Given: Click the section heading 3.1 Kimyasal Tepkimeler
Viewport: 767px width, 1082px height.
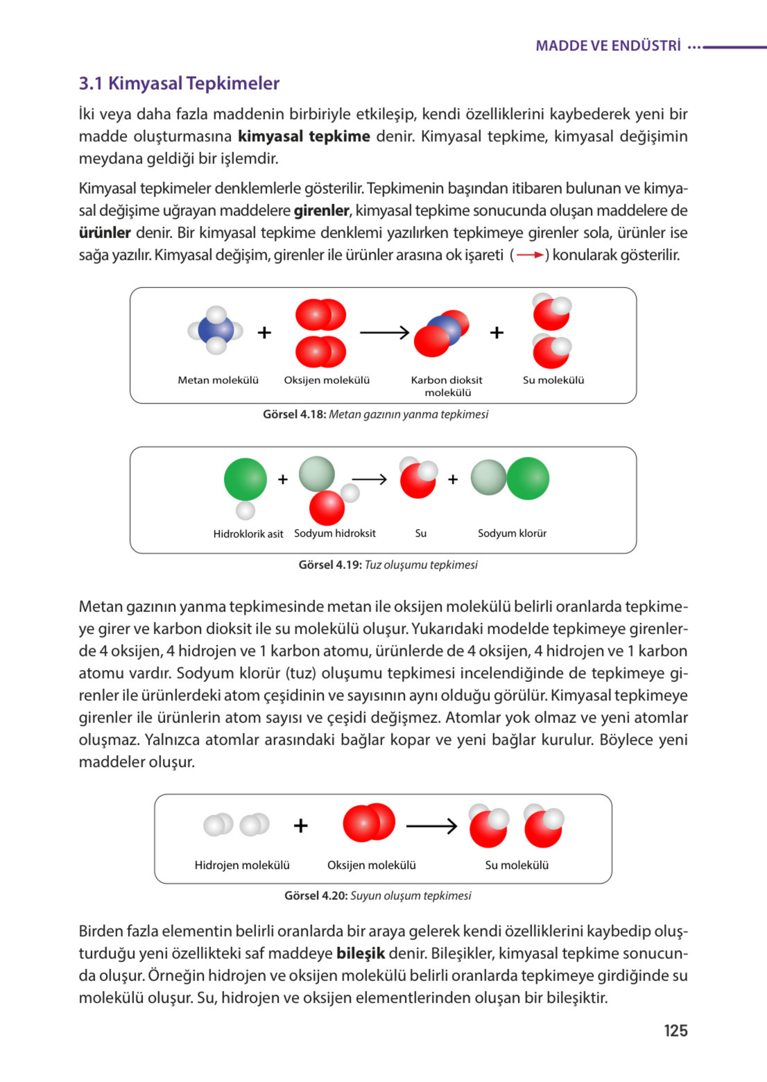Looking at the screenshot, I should pos(179,83).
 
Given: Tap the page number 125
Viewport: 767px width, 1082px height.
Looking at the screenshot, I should pos(675,1030).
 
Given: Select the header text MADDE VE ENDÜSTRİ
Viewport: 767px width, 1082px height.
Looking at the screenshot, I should pos(608,46).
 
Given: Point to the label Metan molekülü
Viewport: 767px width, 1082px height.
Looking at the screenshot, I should pos(218,380).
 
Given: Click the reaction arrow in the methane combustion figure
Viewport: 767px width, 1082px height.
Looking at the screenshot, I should pos(384,332).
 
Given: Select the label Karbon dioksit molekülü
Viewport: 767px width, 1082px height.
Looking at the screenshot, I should pos(447,386).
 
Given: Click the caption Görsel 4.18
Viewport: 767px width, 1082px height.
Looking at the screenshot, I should pos(375,414).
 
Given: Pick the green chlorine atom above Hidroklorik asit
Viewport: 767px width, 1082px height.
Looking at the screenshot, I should pos(245,479).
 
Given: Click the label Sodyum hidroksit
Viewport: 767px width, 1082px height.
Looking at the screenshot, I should pos(334,533).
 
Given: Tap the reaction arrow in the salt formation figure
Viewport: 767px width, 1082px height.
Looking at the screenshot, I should pos(369,480).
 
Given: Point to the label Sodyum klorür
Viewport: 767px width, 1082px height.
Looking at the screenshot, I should pos(511,533).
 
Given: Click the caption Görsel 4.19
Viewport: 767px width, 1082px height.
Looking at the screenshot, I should pos(387,565).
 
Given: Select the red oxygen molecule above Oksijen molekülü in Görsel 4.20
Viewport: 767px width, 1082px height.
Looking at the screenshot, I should pos(368,822).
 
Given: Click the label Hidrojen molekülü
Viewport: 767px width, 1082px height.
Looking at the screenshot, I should pos(242,865).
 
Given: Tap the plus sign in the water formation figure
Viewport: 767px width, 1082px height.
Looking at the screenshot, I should pos(301,825).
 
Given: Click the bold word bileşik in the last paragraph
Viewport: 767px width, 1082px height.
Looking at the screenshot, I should pos(360,953).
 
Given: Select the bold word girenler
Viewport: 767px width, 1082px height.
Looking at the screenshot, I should pos(321,211).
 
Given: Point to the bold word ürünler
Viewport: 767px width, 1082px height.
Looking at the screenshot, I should pos(104,233).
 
